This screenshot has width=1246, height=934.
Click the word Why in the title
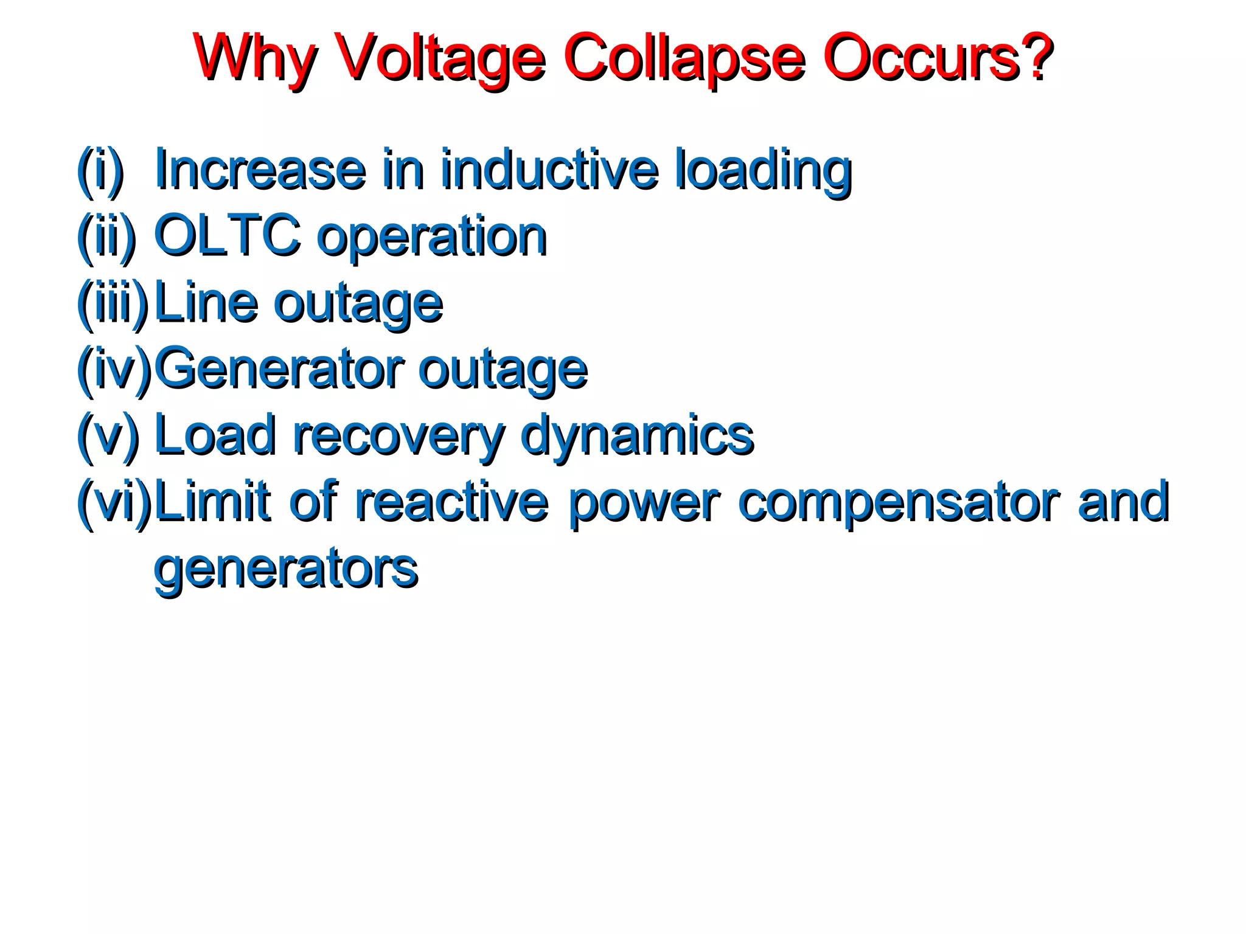(x=256, y=58)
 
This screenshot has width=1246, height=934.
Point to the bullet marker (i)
(x=100, y=170)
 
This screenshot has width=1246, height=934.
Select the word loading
(x=764, y=170)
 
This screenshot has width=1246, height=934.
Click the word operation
(x=432, y=237)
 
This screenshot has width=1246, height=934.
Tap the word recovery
(x=399, y=435)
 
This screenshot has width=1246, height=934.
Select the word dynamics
(x=637, y=435)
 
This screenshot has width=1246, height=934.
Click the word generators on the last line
(x=286, y=569)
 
